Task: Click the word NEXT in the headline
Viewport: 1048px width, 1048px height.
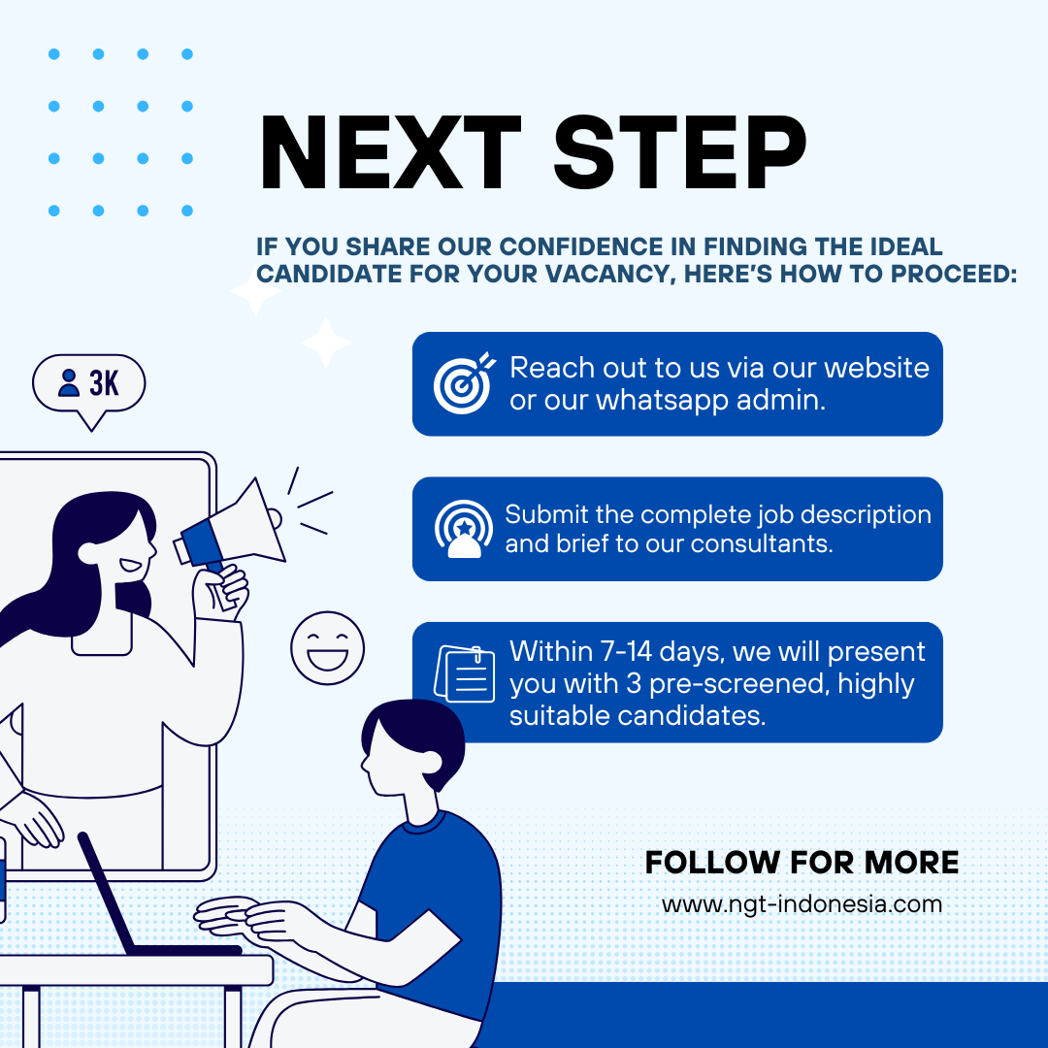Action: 390,152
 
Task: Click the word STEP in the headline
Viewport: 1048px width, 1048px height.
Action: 680,152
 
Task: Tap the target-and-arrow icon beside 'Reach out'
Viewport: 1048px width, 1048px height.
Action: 464,383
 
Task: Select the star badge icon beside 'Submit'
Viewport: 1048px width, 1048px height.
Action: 464,529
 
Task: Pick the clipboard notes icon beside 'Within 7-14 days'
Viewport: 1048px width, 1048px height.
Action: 465,673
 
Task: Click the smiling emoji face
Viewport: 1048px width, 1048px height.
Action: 328,647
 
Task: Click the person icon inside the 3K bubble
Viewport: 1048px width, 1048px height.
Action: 69,383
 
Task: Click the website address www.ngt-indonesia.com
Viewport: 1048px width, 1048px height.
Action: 802,904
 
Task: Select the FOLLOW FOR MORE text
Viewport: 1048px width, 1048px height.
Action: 802,863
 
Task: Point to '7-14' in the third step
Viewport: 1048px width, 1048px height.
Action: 626,651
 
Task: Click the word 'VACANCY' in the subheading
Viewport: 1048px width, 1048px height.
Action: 607,274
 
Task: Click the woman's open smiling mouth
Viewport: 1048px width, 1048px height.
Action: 131,566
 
